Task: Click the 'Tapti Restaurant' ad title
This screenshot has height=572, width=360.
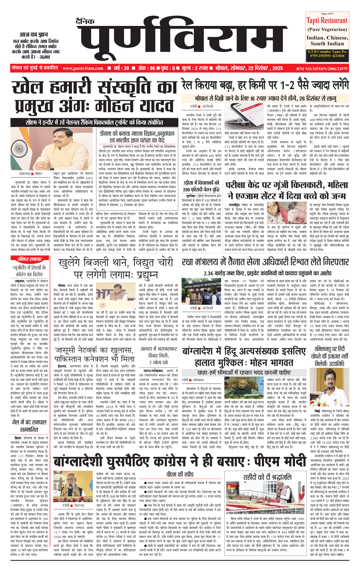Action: pos(327,21)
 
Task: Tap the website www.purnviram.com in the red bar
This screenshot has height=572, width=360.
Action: pos(83,68)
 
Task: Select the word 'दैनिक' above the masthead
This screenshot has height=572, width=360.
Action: pos(85,21)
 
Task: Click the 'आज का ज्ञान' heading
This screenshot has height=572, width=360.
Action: pos(34,34)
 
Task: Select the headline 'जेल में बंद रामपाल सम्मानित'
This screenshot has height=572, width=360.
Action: pos(29,426)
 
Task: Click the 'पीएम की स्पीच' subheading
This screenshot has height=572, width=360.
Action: pos(180,474)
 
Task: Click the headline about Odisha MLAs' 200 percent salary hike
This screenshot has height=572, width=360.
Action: pos(201,186)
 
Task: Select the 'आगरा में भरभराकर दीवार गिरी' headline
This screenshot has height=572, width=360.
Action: pos(159,355)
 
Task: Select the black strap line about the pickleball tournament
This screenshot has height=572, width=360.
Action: pos(94,122)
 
